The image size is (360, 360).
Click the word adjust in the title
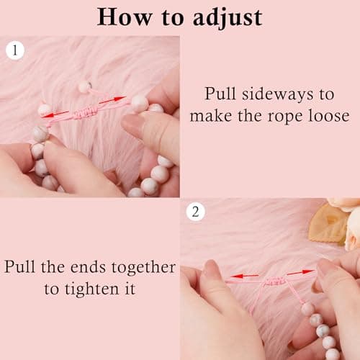[228, 18]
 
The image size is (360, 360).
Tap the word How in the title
[125, 17]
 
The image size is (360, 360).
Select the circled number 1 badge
[15, 50]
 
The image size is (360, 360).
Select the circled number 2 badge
[196, 212]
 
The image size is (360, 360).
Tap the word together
[144, 267]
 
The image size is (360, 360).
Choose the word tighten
[92, 289]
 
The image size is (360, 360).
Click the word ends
[88, 267]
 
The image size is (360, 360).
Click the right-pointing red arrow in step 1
[112, 100]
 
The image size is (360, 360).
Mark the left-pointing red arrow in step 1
[55, 114]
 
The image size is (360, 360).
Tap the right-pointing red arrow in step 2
[301, 272]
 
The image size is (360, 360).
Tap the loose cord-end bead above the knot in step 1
[84, 86]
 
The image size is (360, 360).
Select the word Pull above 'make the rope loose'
[220, 94]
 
